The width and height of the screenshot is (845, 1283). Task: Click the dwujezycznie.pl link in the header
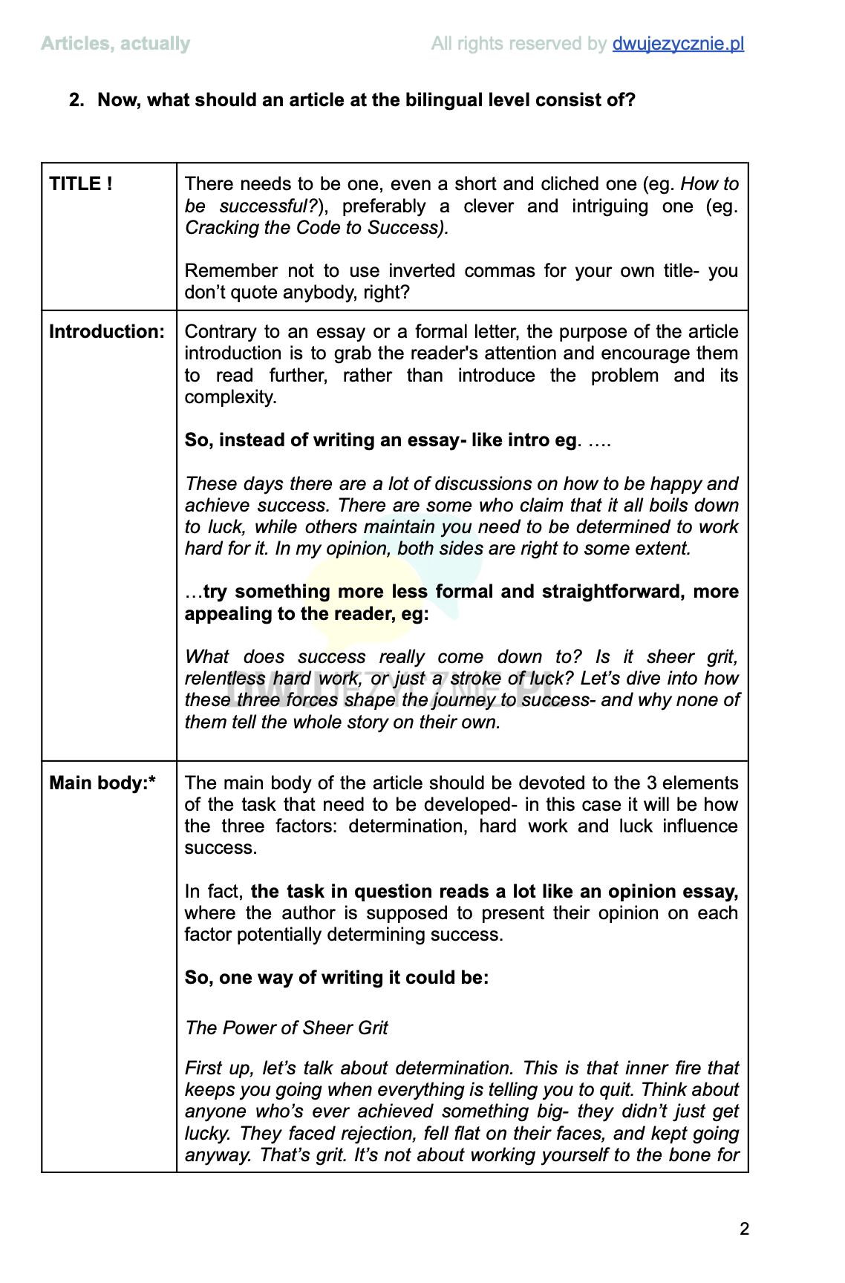[677, 44]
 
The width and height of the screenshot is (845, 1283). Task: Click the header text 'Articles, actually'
[115, 44]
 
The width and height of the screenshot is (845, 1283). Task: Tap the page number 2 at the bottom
[744, 1229]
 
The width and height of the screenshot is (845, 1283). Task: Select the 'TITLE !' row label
[81, 184]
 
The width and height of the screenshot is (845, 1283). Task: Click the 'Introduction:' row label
[107, 332]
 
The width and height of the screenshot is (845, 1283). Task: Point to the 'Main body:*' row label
[102, 783]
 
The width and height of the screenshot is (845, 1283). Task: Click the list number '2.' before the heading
[76, 100]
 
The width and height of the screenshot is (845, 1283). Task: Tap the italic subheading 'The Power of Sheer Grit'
[287, 1028]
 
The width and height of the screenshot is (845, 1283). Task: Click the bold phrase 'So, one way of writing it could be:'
[336, 978]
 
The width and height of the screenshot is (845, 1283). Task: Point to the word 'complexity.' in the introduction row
[230, 397]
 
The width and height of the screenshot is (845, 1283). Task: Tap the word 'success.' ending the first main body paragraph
[221, 848]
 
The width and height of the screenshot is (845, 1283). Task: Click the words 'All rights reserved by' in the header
[518, 44]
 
